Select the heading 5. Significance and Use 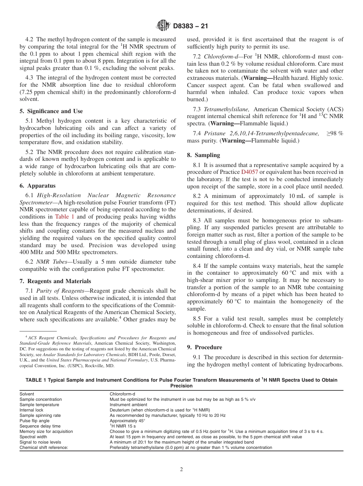click(x=51, y=111)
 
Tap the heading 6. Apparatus click(x=37, y=186)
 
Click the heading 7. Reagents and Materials click(x=55, y=281)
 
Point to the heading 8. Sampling click(x=203, y=155)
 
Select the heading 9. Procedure click(x=204, y=347)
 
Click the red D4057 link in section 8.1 click(x=250, y=172)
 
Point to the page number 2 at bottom click(x=181, y=469)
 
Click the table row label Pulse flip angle click(x=34, y=421)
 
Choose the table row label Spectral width click(x=33, y=437)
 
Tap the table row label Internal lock click(x=31, y=410)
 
